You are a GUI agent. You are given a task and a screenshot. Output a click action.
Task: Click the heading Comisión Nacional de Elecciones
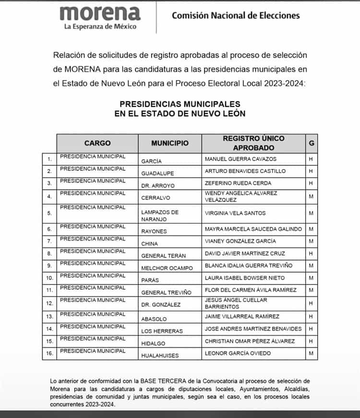click(x=236, y=15)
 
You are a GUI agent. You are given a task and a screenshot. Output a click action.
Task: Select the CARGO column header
click(x=97, y=143)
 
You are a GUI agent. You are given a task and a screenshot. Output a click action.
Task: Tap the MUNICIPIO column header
click(x=170, y=143)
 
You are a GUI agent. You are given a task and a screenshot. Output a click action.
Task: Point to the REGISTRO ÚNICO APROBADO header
click(x=253, y=143)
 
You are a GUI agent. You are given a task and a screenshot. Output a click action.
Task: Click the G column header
click(x=312, y=143)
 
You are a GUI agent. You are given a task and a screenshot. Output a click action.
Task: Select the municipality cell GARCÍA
click(x=152, y=161)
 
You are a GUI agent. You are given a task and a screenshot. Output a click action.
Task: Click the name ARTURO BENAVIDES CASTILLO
click(x=245, y=171)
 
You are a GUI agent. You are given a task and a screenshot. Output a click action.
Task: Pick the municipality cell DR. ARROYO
click(x=158, y=185)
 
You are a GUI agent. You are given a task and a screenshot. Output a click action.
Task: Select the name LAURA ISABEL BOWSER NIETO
click(x=244, y=278)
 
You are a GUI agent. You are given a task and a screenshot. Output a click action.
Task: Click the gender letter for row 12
click(x=311, y=303)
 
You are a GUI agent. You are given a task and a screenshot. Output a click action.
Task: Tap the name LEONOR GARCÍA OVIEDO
click(x=238, y=353)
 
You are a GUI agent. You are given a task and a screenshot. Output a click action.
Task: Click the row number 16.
click(x=49, y=353)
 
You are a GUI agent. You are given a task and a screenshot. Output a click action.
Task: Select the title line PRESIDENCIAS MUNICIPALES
click(x=180, y=104)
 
